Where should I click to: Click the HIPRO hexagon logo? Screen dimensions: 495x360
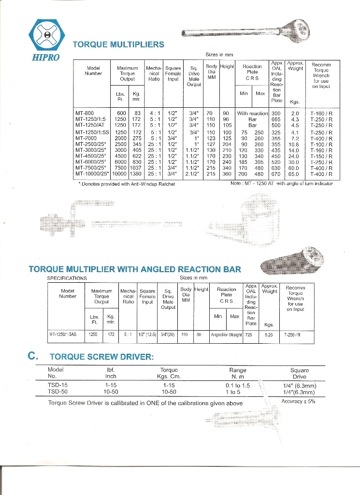46,35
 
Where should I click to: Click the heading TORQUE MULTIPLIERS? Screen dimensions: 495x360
118,45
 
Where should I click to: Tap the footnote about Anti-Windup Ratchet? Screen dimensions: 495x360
126,184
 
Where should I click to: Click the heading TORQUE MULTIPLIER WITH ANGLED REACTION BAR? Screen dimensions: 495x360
135,269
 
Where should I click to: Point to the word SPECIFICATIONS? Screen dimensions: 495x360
67,278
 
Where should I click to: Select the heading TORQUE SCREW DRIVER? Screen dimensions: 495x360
101,357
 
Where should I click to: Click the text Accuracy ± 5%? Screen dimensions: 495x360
298,401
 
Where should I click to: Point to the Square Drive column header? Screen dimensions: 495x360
300,373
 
